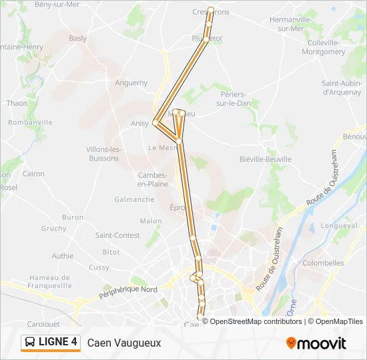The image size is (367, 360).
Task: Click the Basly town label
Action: pos(77,38)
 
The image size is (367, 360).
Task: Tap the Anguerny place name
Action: pos(131,83)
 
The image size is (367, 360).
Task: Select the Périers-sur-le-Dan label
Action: pos(234,99)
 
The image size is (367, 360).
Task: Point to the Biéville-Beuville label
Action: pos(265,159)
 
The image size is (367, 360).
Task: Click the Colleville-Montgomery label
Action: pos(324,47)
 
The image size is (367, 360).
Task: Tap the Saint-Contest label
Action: pos(117,235)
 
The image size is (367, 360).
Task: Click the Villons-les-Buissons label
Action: pos(103,153)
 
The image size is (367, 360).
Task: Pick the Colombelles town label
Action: pos(323,263)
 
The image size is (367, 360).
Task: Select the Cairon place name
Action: pos(33,174)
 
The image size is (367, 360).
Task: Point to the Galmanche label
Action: pos(133,199)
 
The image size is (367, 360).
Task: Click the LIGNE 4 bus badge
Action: pos(51,342)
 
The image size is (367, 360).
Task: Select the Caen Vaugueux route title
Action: pos(124,342)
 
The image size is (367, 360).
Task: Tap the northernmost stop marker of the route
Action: pos(211,10)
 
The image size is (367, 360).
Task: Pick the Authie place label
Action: pos(63,255)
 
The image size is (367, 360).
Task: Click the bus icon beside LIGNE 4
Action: pos(31,342)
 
